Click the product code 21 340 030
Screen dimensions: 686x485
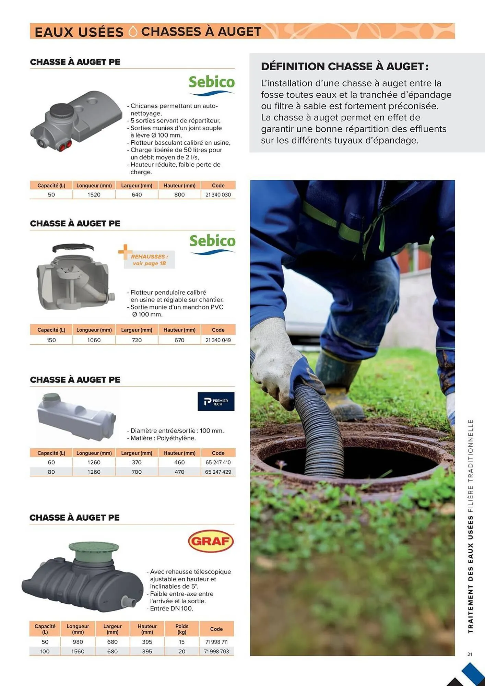(218, 195)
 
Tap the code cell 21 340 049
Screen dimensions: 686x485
(218, 340)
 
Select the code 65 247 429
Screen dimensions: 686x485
(218, 472)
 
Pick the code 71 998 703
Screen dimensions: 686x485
(216, 651)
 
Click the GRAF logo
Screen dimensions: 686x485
(211, 541)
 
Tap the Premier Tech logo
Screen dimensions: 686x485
(216, 402)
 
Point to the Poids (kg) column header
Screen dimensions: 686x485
(181, 629)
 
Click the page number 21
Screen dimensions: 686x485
(470, 654)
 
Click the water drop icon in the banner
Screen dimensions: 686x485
(132, 32)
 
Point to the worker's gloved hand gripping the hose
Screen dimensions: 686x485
(274, 364)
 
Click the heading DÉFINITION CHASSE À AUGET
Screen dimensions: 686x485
(344, 67)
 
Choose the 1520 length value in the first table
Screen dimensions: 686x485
(94, 195)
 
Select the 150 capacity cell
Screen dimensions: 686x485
(51, 340)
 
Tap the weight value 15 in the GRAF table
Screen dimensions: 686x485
(181, 642)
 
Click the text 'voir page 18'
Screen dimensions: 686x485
(149, 263)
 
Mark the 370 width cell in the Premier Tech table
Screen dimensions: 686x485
(137, 462)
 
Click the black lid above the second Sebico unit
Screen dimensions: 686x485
(73, 247)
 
